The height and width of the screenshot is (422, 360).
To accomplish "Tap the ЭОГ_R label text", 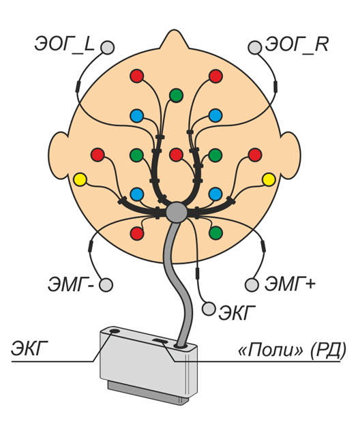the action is pos(297,45).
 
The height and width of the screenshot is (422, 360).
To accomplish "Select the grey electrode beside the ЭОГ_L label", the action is pos(108,48).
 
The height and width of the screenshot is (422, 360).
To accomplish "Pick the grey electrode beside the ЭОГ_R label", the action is pos(255,48).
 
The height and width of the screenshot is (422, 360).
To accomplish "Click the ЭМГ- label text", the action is pos(71,285).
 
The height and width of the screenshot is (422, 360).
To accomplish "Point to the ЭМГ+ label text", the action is pos(290,284).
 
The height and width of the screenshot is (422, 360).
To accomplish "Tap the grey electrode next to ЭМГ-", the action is pos(106,285).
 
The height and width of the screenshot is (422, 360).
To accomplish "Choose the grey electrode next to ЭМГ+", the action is pos(252,285).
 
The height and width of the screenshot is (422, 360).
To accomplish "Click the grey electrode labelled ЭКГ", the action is pos(209,308).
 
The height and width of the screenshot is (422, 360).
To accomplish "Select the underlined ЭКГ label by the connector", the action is pos(29,348).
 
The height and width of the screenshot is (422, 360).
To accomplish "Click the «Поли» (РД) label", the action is pos(292,350).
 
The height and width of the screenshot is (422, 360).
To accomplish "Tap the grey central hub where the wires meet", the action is pos(177,212).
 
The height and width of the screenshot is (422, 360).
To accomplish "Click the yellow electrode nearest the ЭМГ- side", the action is pos(80,179).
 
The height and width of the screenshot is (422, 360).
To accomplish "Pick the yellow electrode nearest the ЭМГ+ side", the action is pos(269,180).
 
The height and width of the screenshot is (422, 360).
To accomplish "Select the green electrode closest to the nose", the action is pos(177,95).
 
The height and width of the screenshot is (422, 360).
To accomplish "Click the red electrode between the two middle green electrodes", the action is pos(176,155).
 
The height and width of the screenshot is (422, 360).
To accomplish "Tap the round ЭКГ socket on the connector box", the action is pos(115,331).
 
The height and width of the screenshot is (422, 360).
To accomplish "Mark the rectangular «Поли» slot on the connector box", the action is pos(160,342).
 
